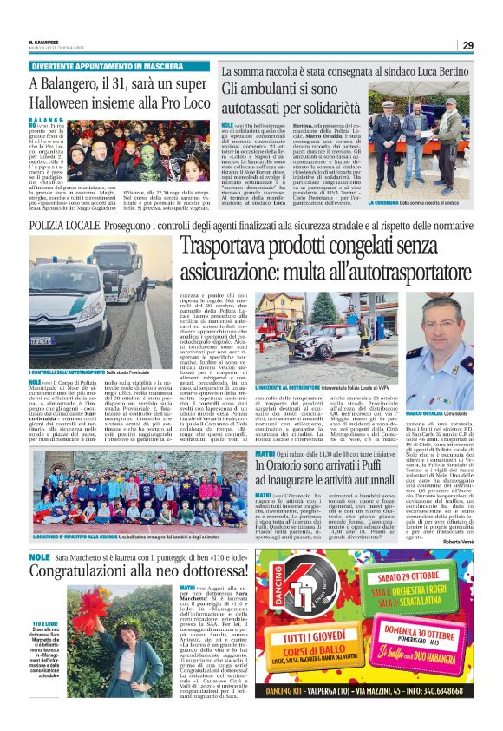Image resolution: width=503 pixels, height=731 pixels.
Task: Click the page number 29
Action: pyautogui.click(x=467, y=45)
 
